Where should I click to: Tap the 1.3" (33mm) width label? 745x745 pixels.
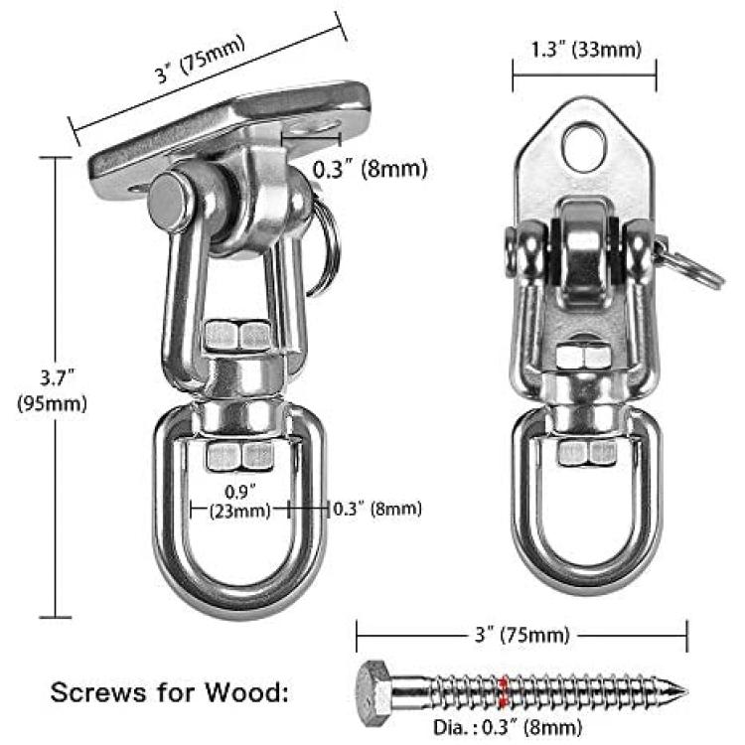point(585,50)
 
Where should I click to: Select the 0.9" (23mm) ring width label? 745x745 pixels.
point(240,502)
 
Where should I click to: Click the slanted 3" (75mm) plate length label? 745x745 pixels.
point(201,59)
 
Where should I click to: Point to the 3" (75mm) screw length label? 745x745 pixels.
point(521,635)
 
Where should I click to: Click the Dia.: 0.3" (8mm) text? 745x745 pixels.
point(508,727)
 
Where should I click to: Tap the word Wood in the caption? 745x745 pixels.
point(247,691)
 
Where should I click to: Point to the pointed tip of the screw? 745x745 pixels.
point(686,691)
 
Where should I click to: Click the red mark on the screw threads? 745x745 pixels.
point(504,690)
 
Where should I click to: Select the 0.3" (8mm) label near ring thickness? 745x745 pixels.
point(377,509)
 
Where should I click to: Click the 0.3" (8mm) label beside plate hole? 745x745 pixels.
point(371,169)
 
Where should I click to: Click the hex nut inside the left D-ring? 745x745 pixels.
point(240,456)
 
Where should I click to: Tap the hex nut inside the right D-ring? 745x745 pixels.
point(587,453)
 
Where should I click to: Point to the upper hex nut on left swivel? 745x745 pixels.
point(237,336)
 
